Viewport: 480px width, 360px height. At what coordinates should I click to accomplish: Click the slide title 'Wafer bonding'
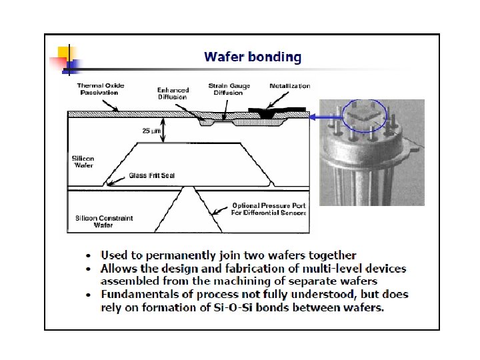(253, 57)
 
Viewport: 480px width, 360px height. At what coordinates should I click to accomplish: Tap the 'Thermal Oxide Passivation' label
(100, 89)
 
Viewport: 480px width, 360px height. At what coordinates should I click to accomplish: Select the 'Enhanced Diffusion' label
(173, 93)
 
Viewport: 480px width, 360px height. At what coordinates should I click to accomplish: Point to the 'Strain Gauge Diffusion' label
(229, 89)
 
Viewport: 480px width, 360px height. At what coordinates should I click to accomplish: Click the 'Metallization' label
(289, 86)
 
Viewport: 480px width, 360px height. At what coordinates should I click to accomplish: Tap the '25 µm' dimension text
(151, 131)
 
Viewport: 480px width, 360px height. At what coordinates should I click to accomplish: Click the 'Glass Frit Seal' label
(151, 176)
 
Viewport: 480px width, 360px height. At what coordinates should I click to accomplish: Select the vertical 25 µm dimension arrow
(165, 131)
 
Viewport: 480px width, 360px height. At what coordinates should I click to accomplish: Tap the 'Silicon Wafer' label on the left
(83, 162)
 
